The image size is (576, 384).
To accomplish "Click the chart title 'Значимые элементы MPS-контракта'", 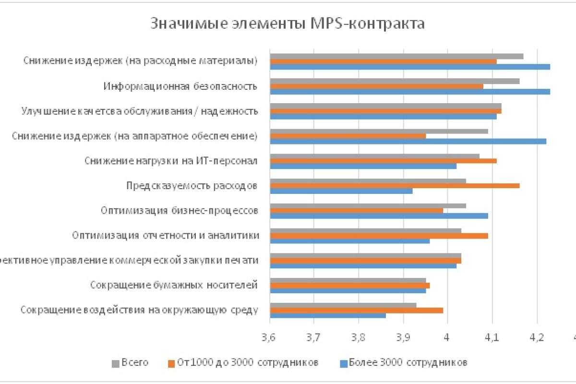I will click(288, 24).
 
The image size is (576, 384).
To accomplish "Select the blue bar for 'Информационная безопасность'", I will click(410, 91).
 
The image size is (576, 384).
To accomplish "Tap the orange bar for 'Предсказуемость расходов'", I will click(395, 185).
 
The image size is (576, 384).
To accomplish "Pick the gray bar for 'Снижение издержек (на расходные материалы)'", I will click(396, 56).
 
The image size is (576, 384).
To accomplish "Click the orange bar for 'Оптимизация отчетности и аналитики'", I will click(379, 236).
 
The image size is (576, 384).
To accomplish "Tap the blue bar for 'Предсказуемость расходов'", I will click(341, 191).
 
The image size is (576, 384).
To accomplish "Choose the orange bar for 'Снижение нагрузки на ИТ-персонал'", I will click(383, 160).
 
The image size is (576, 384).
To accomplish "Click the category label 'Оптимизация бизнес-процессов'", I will click(180, 210).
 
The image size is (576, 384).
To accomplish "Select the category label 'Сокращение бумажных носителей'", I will click(174, 285).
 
